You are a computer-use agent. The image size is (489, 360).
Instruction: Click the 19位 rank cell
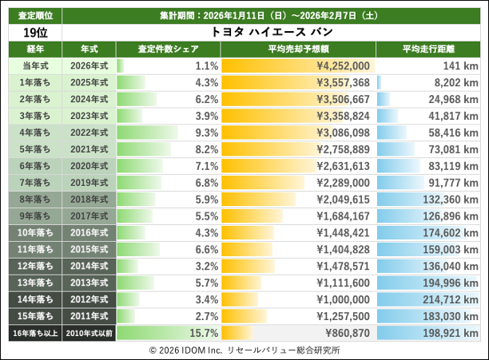pyautogui.click(x=32, y=33)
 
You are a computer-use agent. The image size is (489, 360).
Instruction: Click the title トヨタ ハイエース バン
pyautogui.click(x=272, y=33)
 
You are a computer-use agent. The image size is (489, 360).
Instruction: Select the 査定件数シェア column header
pyautogui.click(x=168, y=49)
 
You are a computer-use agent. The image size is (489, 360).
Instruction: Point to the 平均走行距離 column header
pyautogui.click(x=431, y=49)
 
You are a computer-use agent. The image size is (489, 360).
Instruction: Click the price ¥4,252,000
pyautogui.click(x=343, y=65)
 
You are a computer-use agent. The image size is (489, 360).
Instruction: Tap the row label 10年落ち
pyautogui.click(x=32, y=232)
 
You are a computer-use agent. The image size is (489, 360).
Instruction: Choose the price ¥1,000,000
pyautogui.click(x=343, y=299)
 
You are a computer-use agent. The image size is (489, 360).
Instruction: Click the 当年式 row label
pyautogui.click(x=32, y=65)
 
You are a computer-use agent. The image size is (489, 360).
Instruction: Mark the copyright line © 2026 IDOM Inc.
pyautogui.click(x=244, y=350)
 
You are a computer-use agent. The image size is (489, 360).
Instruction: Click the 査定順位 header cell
pyautogui.click(x=32, y=15)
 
